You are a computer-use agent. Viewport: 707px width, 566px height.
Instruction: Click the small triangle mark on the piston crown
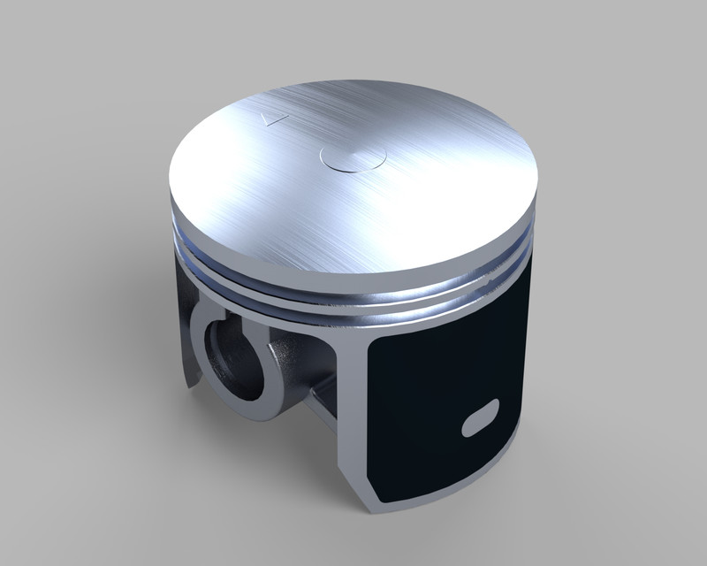(275, 118)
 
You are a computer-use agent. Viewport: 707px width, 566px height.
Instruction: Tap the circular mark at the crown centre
(353, 157)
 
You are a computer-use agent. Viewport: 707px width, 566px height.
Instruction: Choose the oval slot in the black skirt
(481, 417)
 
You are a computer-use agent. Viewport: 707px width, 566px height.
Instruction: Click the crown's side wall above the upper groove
(353, 262)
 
